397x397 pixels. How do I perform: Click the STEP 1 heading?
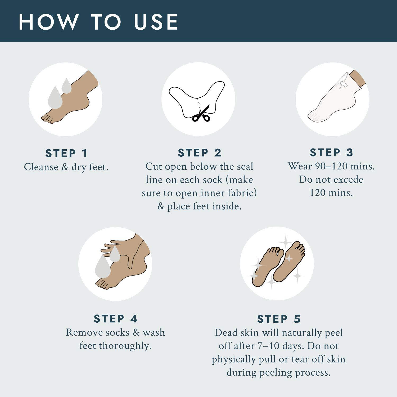(x=66, y=153)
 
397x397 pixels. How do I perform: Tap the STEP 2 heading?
(x=199, y=153)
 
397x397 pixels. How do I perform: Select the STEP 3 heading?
(x=331, y=152)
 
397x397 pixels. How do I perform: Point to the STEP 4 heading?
(x=116, y=319)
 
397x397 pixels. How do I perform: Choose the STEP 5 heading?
(x=279, y=319)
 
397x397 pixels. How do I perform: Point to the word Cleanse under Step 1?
(x=41, y=167)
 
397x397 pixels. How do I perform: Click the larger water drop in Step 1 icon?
(x=55, y=97)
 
